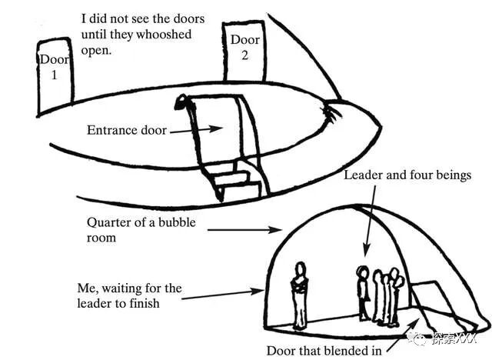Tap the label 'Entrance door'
coord(127,130)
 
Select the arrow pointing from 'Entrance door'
coord(196,130)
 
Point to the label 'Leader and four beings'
coord(407,175)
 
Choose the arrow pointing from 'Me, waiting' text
coord(223,294)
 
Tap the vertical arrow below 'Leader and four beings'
coord(372,223)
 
